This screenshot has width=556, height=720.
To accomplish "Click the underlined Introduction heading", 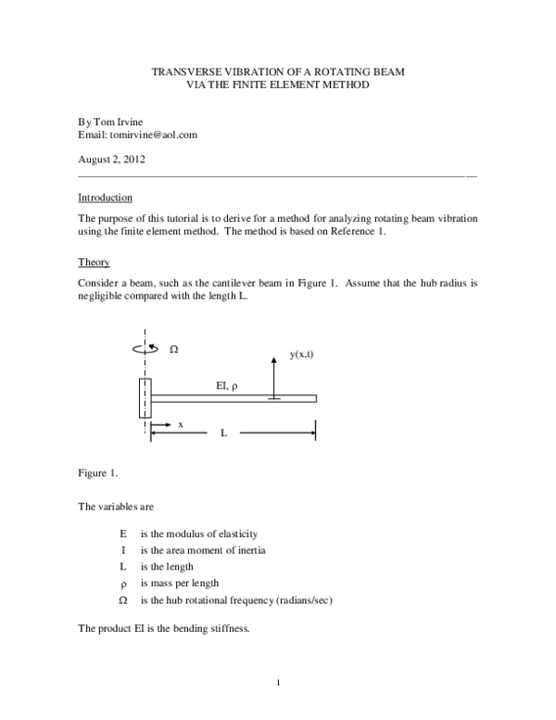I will coord(105,198).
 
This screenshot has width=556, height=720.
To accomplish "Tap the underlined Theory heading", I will coord(94,263).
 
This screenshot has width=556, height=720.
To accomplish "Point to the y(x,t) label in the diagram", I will coord(301,355).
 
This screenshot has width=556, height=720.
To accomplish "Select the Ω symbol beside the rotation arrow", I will coord(174,350).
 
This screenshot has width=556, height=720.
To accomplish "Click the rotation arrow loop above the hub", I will coord(146,350).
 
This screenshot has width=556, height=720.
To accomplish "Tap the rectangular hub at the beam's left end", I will coord(145,398).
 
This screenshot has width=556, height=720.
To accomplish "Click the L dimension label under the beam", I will coord(223,432).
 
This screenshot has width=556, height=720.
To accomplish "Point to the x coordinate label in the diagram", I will coord(181,424).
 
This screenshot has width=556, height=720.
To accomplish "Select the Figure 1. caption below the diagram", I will coord(97,474).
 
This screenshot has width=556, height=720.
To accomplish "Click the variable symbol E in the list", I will coord(123,534).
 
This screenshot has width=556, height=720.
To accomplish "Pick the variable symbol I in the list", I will coord(123,550).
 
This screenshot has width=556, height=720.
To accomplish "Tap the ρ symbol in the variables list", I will coord(123,584).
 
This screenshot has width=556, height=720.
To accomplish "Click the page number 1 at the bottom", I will coord(278,685).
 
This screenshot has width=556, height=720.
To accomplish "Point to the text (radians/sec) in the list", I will coord(297,600).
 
